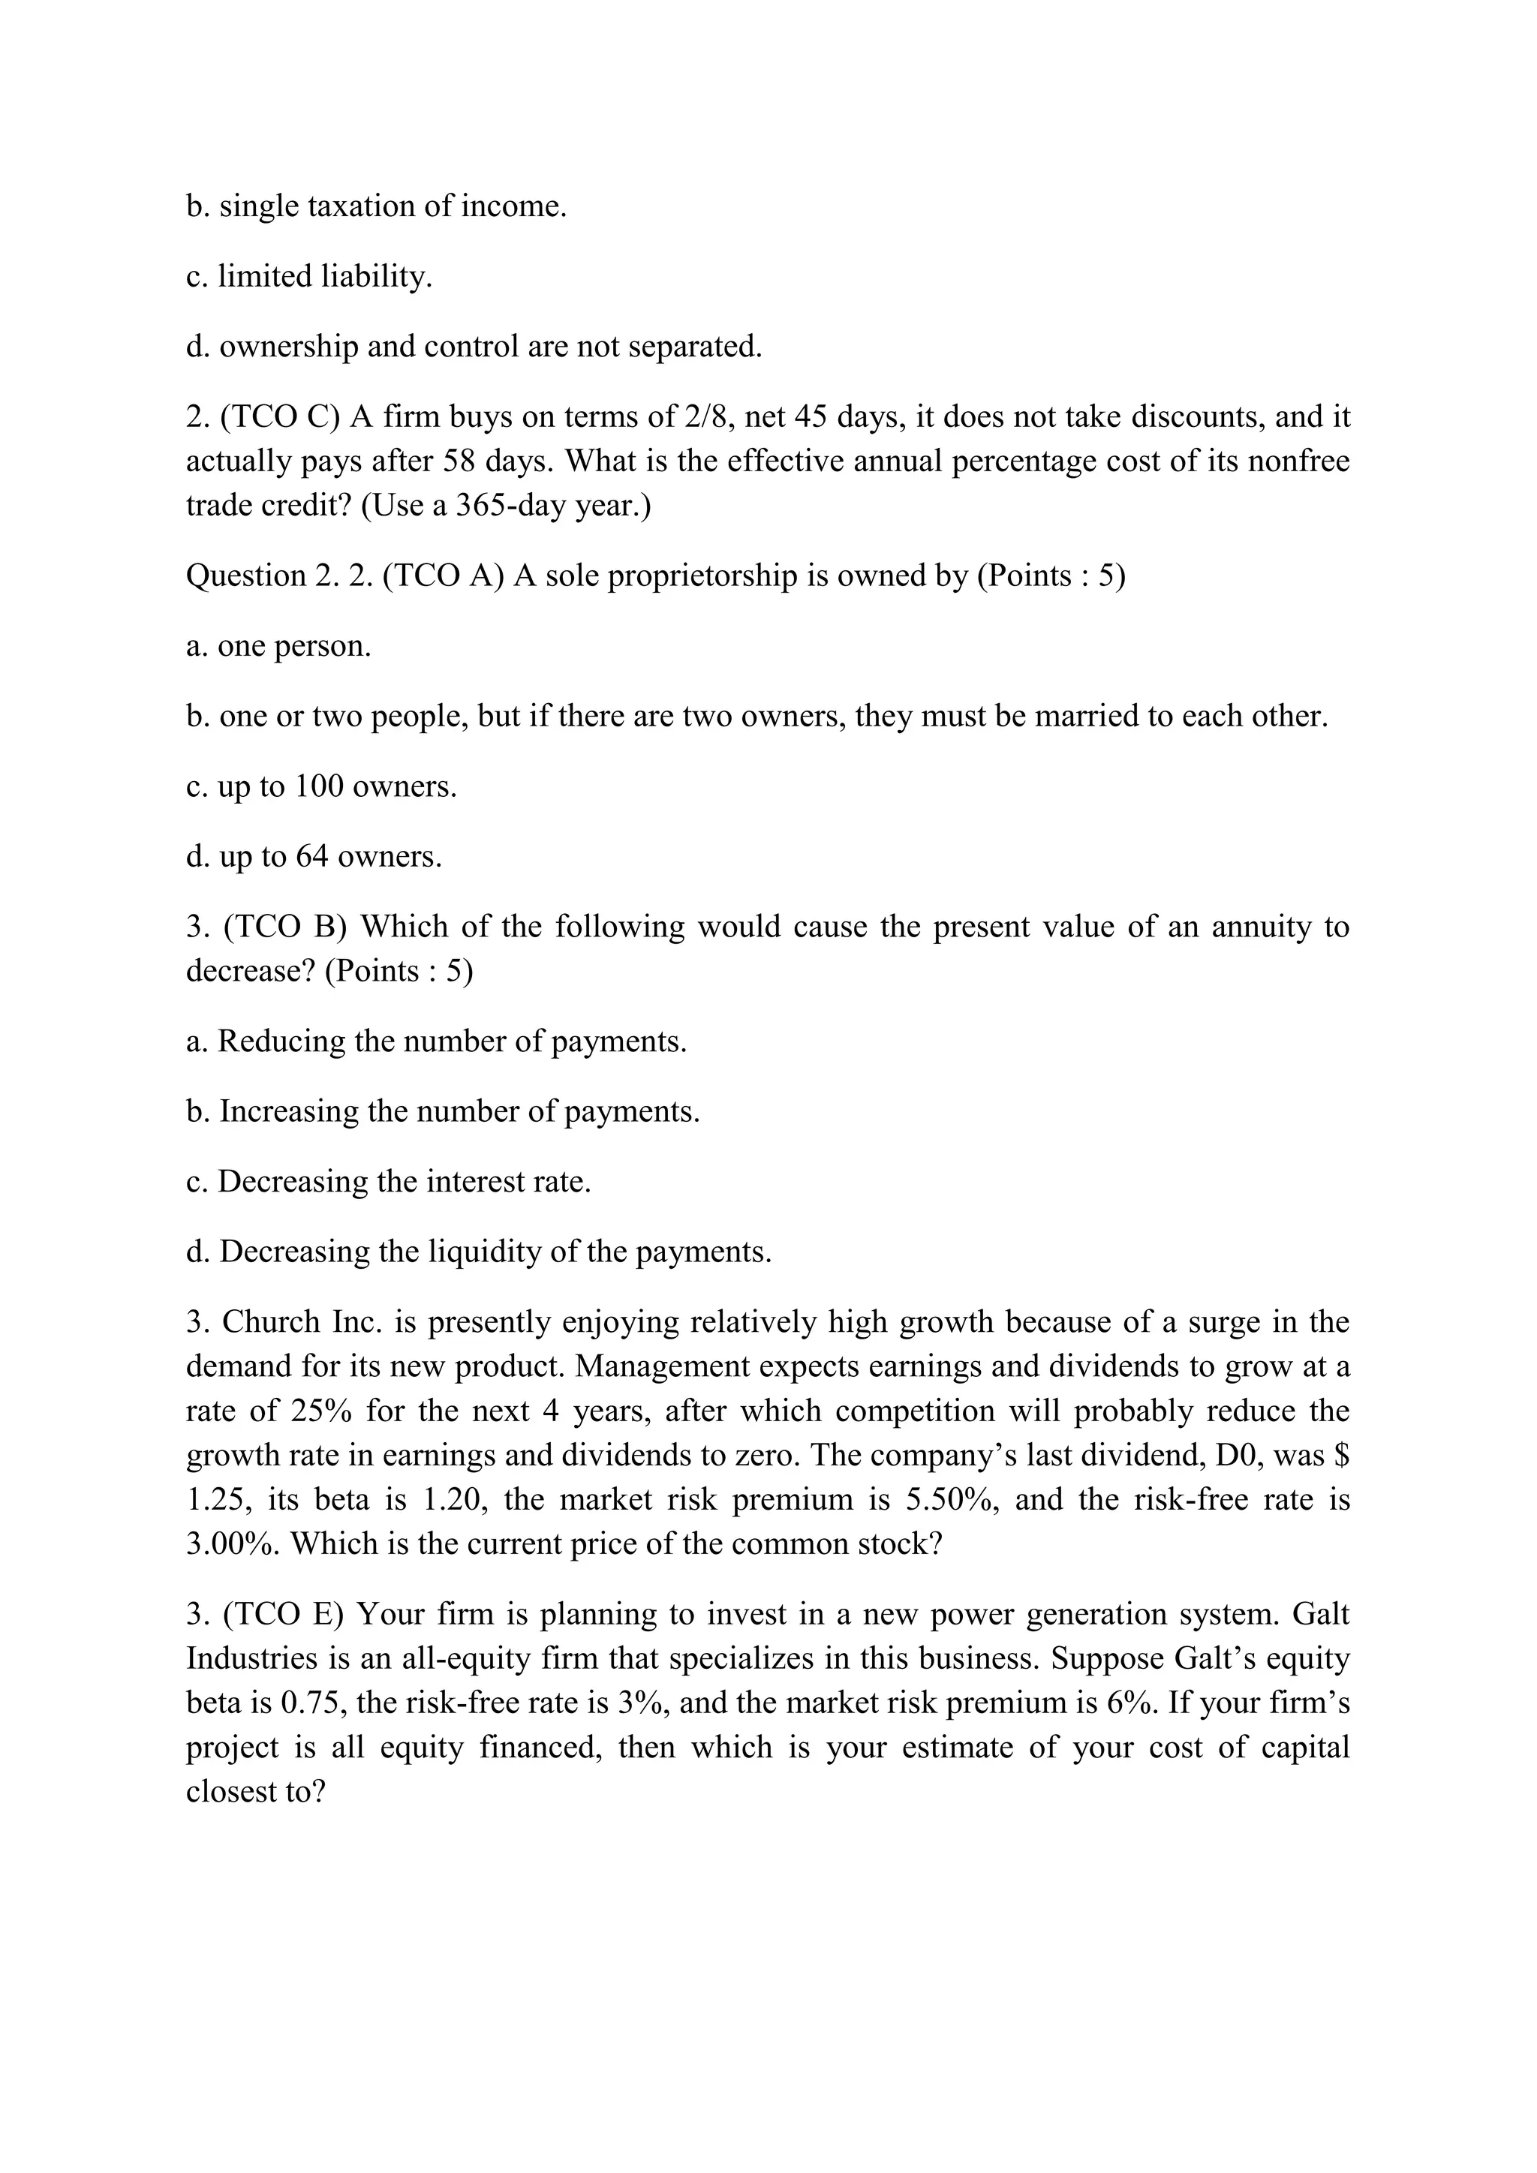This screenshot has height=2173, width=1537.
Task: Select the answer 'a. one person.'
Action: pos(278,646)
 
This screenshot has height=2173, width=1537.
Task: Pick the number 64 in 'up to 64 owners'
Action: pos(311,856)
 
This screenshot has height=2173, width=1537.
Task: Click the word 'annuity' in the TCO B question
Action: pos(1261,926)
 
